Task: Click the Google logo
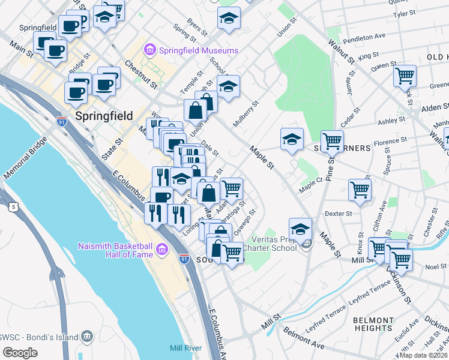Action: tap(20, 353)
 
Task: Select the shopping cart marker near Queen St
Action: tap(405, 77)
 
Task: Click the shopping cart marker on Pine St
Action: tap(332, 142)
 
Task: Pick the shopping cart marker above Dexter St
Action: tap(360, 190)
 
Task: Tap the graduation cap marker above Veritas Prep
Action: tap(300, 229)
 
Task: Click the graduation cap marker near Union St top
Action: tap(229, 19)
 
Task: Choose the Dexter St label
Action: tap(338, 213)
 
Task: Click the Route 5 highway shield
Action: tap(5, 207)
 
